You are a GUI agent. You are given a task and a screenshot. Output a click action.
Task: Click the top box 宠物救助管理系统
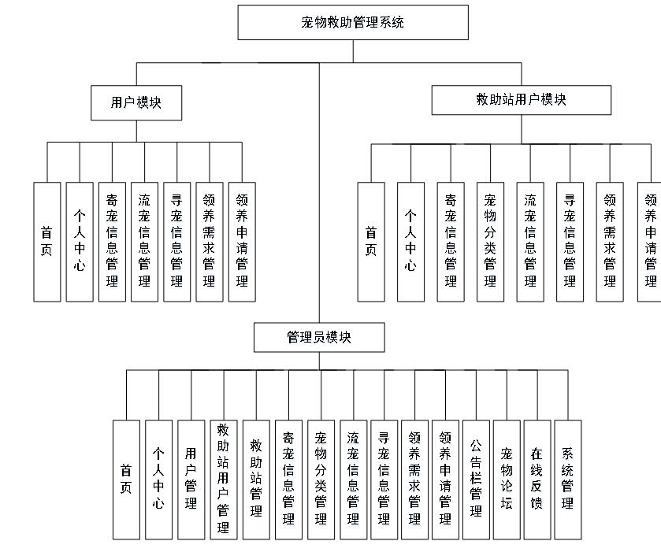coord(353,22)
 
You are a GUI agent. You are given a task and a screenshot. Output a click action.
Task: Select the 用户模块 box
coord(136,102)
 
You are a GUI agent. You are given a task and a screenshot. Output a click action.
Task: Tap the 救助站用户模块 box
coord(521,100)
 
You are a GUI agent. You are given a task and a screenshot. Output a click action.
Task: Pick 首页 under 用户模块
coord(47,242)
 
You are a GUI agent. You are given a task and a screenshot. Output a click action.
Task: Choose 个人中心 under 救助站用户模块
coord(410,242)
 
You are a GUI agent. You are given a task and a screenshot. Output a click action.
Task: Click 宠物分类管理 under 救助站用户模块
coord(490,242)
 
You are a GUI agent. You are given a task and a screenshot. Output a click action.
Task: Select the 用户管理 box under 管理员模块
coord(191,479)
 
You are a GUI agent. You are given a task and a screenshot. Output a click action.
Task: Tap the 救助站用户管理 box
coord(223,479)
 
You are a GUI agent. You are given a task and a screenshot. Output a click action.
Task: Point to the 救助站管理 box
coord(256,479)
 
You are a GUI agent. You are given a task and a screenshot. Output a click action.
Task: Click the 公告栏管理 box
coord(476,479)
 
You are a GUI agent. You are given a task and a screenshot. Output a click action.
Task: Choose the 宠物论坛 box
coord(507,479)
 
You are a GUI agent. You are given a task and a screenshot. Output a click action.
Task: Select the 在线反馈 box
coord(537,479)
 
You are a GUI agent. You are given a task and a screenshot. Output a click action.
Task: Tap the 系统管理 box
coord(567,479)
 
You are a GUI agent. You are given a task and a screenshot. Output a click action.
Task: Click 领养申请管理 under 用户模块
coord(242,242)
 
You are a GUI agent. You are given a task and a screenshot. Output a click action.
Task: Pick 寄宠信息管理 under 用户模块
coord(112,242)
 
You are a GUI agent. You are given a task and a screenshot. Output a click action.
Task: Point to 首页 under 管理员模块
coord(126,479)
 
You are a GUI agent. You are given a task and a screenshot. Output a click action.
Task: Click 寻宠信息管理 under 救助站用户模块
coord(570,242)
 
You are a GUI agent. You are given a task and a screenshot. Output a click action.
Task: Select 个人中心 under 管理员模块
coord(158,479)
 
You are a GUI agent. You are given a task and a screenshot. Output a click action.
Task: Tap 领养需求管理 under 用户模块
coord(210,242)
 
